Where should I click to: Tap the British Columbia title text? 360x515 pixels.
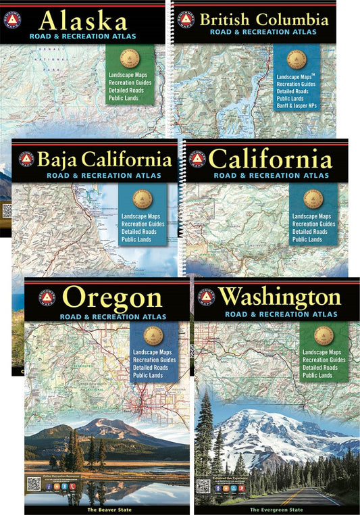267,18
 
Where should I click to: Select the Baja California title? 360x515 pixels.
105,160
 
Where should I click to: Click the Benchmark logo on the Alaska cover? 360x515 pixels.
12,20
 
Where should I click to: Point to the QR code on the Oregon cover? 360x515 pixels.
34,483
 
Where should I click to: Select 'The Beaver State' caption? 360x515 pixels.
107,508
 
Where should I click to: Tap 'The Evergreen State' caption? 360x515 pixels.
277,508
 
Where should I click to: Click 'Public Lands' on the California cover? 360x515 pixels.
307,239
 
